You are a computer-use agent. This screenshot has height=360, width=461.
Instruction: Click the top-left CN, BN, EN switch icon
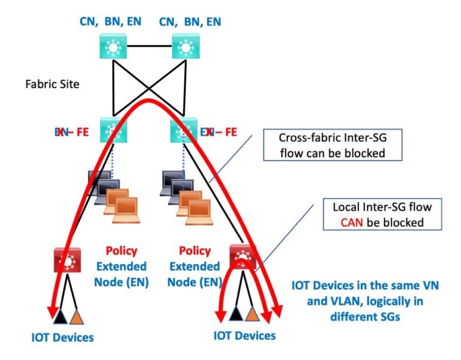pos(110,46)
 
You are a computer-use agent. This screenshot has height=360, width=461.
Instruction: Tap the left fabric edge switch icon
pos(110,130)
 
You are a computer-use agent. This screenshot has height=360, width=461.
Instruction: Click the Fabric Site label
pos(52,84)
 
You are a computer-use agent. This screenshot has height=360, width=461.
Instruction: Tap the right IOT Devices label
pos(244,335)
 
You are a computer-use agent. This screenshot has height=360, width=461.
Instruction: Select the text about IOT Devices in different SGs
pos(365,301)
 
